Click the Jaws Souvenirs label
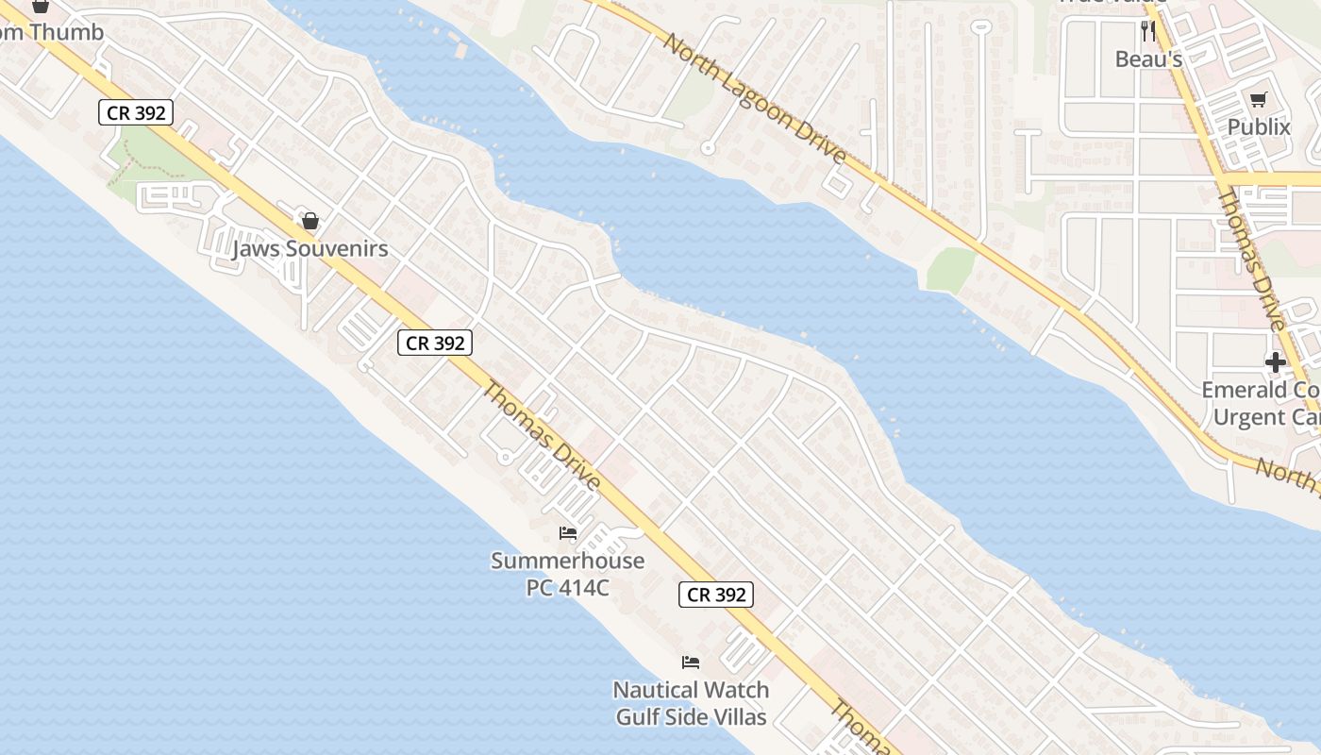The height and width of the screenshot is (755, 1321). [310, 249]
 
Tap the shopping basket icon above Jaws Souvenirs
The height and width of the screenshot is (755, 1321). [309, 222]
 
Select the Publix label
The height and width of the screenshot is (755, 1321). [1259, 126]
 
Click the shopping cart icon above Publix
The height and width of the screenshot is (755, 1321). [1258, 99]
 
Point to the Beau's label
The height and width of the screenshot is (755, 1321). [1148, 59]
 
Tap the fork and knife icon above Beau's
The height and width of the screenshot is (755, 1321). [1148, 30]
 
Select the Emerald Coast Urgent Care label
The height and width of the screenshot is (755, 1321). [1261, 403]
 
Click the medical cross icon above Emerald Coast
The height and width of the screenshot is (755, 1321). [1276, 361]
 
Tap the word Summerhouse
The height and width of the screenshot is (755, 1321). [568, 561]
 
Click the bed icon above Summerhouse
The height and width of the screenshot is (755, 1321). [568, 533]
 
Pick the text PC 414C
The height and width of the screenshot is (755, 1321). [568, 588]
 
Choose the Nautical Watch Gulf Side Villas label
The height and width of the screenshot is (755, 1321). [692, 703]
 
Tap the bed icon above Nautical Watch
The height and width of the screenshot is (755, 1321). [691, 663]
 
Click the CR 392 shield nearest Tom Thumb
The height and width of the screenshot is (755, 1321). [137, 113]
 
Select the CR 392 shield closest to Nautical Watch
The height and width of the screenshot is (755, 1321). [716, 595]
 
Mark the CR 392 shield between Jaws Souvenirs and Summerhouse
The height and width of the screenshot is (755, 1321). [434, 343]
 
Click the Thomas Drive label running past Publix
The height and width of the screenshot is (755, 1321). [1251, 260]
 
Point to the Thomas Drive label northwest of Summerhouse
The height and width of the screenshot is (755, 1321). [542, 435]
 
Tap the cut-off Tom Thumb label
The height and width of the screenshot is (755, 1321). [51, 32]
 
